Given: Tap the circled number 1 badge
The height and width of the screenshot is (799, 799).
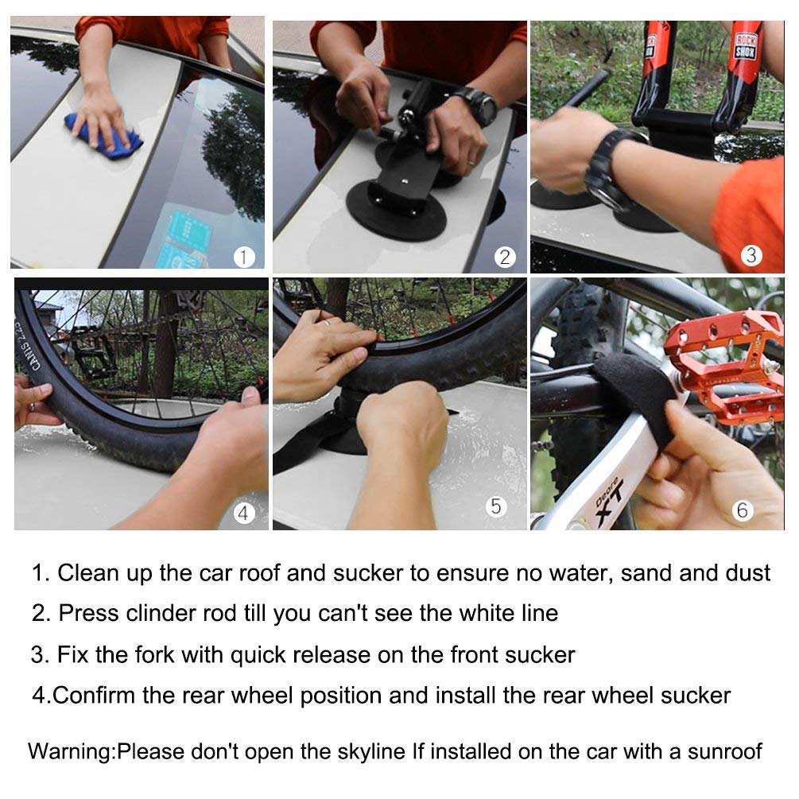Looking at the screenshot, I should pos(245,256).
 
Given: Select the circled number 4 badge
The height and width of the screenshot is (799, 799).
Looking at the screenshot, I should pos(244,514).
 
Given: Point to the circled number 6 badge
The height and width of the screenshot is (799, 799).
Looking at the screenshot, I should pos(743,510).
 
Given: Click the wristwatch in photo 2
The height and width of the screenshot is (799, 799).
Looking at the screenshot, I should pos(476,106).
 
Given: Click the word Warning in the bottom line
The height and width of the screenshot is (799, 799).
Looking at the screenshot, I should pos(72,751).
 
